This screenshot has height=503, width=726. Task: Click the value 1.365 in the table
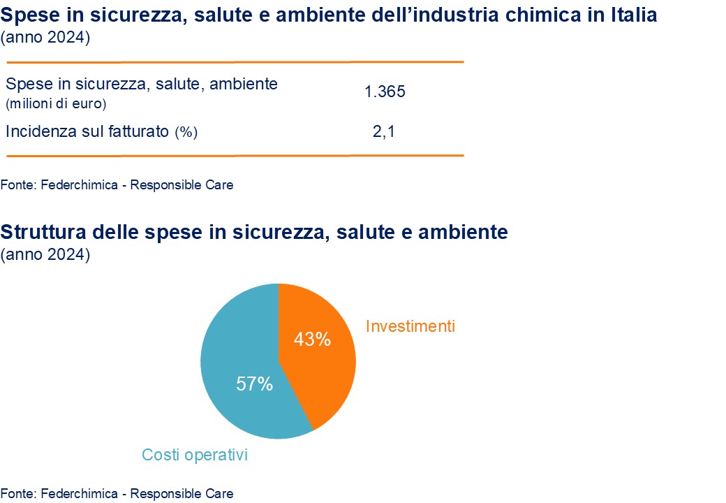click(385, 92)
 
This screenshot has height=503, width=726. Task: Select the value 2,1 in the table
click(384, 131)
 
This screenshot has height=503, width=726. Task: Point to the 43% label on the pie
click(312, 340)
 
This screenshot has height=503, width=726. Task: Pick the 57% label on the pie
click(254, 384)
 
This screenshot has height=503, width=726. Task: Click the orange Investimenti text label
click(410, 326)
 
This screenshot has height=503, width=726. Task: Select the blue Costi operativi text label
click(195, 455)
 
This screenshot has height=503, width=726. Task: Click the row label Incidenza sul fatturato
click(87, 131)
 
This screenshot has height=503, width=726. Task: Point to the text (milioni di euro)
click(56, 105)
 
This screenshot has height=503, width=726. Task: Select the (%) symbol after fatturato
click(186, 131)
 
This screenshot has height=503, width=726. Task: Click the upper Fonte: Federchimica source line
click(117, 185)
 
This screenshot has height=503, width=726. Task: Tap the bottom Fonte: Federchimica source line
click(117, 493)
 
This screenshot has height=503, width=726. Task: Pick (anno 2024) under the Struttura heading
click(46, 255)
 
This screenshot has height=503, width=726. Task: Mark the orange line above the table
click(235, 62)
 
